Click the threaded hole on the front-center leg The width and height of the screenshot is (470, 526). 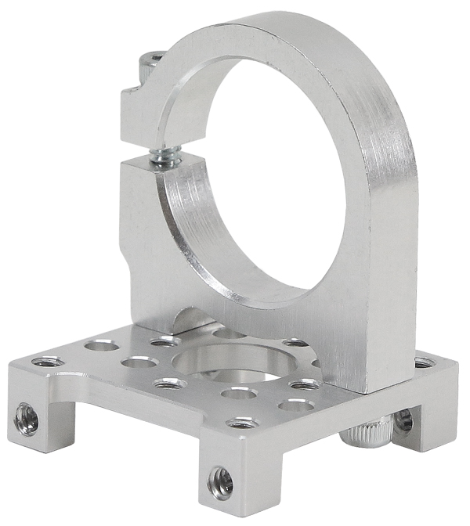(220, 483)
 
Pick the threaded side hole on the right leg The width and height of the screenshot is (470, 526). (403, 420)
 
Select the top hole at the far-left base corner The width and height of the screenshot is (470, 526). (48, 362)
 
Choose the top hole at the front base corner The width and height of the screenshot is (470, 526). (242, 423)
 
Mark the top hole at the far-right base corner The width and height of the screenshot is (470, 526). (423, 362)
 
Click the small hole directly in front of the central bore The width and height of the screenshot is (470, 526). (239, 392)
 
